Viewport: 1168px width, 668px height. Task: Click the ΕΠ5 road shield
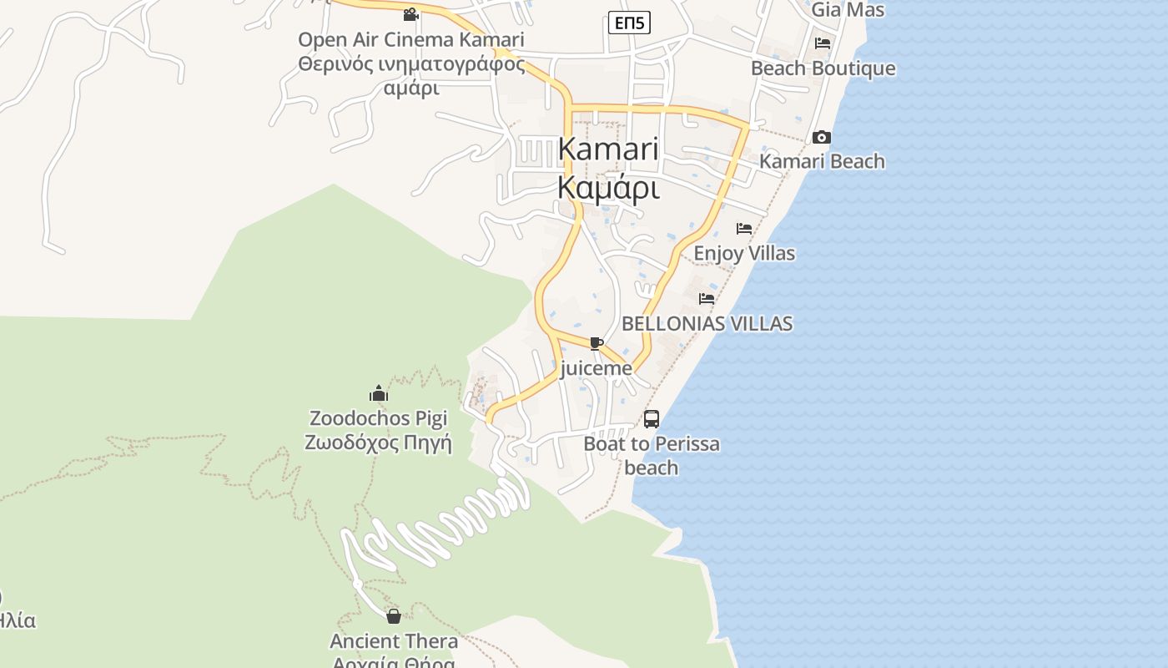click(628, 23)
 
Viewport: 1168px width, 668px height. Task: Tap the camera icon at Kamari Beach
click(821, 138)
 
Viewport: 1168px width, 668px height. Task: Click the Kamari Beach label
click(822, 161)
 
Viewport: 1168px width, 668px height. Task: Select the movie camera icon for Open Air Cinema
click(410, 14)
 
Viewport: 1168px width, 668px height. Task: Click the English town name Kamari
click(608, 149)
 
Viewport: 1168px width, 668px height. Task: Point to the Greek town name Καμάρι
click(608, 188)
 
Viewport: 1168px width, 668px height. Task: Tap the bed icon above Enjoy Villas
click(744, 229)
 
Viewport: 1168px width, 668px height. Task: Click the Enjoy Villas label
click(744, 253)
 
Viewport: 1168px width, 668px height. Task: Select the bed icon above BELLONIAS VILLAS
click(707, 299)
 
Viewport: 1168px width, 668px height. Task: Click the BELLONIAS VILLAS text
click(707, 324)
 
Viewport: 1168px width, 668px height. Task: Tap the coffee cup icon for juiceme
click(596, 343)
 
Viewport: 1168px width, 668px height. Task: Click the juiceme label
click(597, 368)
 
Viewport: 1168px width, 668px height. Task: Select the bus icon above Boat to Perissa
click(652, 419)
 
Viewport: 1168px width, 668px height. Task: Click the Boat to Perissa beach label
click(652, 455)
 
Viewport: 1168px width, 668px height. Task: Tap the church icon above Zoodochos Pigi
click(379, 393)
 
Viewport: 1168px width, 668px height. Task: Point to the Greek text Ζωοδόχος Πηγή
click(378, 443)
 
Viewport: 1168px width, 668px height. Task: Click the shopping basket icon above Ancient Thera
click(394, 616)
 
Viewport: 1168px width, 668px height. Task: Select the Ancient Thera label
click(394, 641)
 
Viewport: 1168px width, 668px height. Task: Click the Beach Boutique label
click(823, 68)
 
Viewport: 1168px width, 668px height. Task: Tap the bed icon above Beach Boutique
click(823, 43)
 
